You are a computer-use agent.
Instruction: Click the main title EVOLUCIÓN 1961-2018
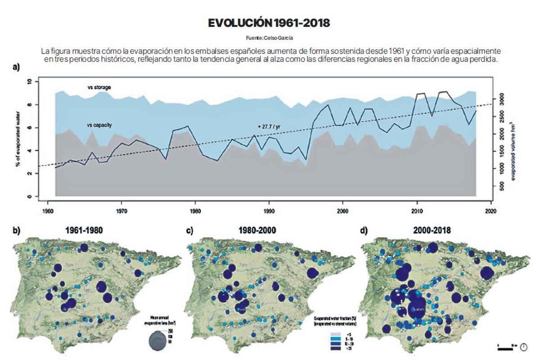[269, 23]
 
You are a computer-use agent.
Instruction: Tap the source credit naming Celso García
[270, 38]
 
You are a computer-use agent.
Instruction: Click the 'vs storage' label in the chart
[99, 87]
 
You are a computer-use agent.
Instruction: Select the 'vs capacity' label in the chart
[99, 124]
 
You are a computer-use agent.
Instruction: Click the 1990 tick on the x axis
[269, 210]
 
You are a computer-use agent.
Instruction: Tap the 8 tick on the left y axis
[30, 105]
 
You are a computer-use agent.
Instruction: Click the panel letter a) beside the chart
[16, 67]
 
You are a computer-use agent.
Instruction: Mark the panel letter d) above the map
[364, 230]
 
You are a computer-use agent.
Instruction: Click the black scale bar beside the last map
[507, 347]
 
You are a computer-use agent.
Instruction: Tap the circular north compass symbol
[523, 346]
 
